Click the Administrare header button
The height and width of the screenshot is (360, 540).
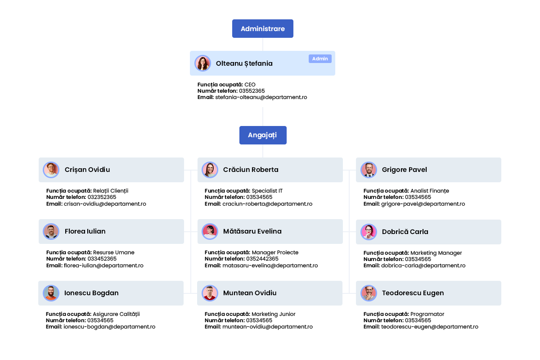coord(262,29)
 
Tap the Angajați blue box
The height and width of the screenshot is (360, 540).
coord(263,135)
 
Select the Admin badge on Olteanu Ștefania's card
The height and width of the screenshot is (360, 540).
coord(320,59)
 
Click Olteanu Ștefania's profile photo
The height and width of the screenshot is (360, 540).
coord(203,63)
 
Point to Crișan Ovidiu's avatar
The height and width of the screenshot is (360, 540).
coord(51,170)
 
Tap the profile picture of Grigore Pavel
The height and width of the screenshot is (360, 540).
coord(369,170)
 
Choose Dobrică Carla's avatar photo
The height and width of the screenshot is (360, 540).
coord(369,232)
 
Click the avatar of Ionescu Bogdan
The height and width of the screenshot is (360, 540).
coord(51,293)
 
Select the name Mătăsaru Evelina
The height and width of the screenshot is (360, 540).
coord(252,231)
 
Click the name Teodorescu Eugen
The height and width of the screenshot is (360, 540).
coord(413,293)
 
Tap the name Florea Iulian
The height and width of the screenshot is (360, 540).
coord(85,231)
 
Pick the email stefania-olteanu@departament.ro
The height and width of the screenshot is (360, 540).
coord(261,97)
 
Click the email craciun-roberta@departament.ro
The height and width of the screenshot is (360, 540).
coord(267,204)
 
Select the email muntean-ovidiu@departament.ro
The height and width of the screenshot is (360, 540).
coord(267,327)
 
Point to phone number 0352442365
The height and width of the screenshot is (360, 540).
coord(262,259)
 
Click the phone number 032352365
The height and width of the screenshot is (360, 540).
coord(102,197)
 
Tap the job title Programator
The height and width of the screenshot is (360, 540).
coord(427,314)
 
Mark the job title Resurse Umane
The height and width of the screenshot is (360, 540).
coord(113,252)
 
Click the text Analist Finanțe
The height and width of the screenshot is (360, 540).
coord(430,191)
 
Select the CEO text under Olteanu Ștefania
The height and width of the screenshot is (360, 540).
coord(250,85)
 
